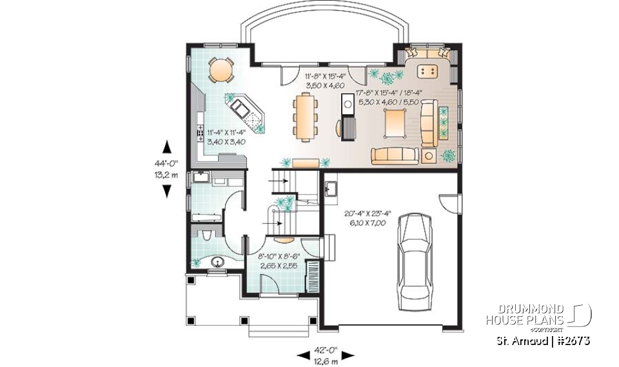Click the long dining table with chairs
tap(304, 116)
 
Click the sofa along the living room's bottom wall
tap(393, 155)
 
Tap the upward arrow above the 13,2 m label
tap(167, 146)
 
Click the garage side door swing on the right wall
tap(446, 201)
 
